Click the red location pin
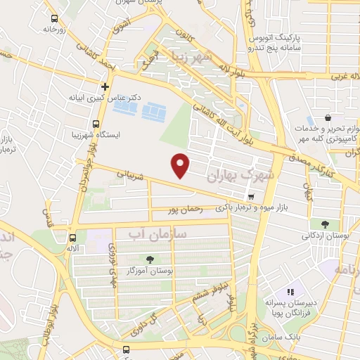click(181, 165)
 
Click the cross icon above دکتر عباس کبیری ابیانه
click(105, 86)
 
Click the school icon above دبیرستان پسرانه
click(290, 292)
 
